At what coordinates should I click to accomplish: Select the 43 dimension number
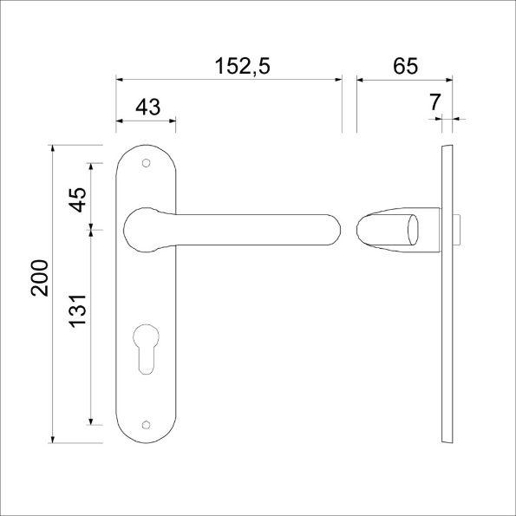148,107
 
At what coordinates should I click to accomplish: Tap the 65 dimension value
405,65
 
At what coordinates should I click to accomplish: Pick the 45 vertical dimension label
78,199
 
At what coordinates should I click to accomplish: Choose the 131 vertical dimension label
78,310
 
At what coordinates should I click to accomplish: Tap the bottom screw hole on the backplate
146,424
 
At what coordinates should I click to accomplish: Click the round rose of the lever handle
144,230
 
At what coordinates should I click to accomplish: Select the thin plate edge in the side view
447,295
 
